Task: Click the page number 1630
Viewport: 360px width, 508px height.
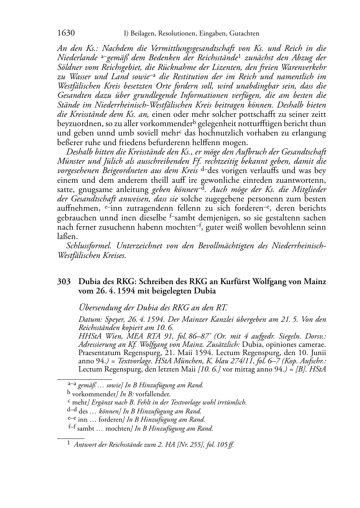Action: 66,33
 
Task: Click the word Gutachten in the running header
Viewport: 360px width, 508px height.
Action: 243,34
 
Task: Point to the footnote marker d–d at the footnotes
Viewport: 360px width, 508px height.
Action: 72,411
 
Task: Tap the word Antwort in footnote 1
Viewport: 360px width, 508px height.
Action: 85,445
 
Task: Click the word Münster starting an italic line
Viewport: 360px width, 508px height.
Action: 70,161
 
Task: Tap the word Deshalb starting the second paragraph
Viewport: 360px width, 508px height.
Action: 79,152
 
